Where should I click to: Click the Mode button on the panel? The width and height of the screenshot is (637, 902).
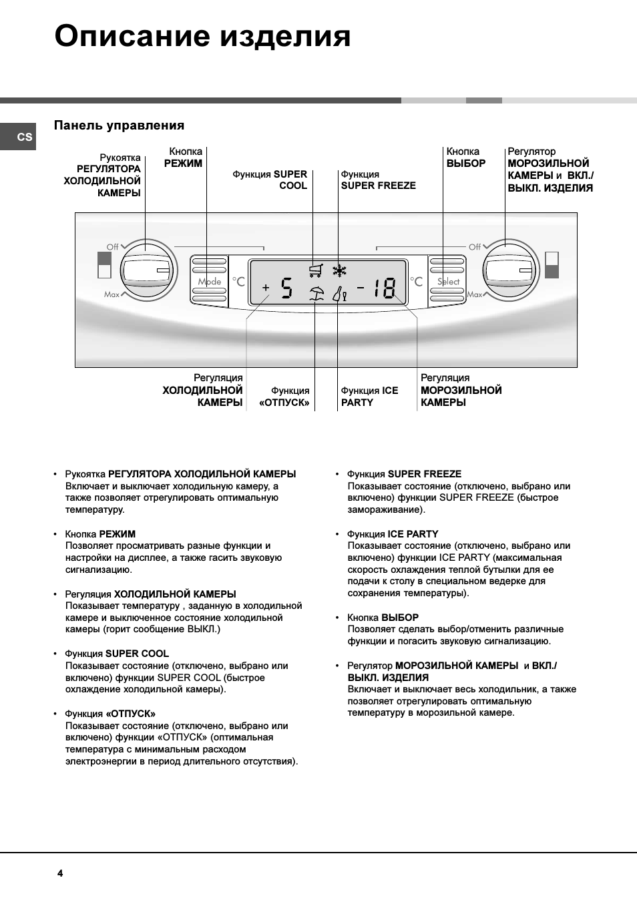click(209, 280)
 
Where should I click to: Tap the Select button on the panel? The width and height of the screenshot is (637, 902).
click(447, 280)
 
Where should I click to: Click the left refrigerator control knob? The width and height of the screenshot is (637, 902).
click(148, 270)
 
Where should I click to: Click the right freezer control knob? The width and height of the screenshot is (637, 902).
click(510, 270)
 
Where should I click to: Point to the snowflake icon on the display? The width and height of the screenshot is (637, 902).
click(340, 270)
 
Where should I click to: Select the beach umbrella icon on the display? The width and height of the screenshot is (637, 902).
click(316, 293)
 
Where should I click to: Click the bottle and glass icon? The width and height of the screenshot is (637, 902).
click(340, 293)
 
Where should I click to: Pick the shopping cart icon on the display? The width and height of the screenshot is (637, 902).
click(316, 270)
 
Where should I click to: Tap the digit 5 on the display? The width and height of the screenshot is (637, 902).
click(286, 288)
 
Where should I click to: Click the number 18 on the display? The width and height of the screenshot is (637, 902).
click(385, 288)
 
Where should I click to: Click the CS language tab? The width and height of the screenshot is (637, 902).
click(24, 137)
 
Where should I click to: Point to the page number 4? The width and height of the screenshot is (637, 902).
click(60, 873)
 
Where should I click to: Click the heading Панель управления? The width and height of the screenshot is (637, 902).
click(119, 126)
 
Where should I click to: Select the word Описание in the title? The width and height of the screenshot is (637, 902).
click(132, 36)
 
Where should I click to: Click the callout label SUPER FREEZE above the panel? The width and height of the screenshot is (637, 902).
click(378, 186)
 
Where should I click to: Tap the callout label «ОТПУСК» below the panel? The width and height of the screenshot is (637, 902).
click(284, 403)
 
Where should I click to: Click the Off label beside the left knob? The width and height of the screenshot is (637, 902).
click(113, 247)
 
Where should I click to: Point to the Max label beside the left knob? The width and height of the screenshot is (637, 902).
click(112, 294)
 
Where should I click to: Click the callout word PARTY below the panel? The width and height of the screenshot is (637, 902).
click(357, 403)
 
